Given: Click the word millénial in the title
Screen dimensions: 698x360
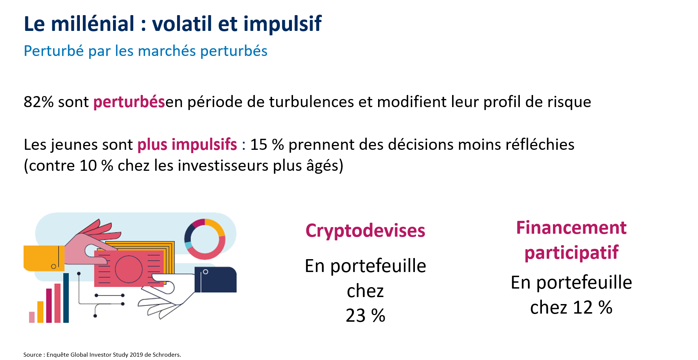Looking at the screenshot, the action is tap(93, 24).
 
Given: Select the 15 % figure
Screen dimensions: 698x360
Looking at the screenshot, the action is tap(267, 145).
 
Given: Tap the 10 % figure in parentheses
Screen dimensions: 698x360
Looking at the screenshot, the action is tap(96, 166).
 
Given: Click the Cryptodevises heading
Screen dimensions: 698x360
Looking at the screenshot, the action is tap(365, 231).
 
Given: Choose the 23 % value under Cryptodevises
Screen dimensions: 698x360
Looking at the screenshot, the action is tap(365, 316).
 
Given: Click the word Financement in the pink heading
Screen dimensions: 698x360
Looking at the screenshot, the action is tap(571, 227).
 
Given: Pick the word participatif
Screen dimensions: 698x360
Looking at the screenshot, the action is tap(571, 253).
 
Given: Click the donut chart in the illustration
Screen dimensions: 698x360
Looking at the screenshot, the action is tap(205, 225).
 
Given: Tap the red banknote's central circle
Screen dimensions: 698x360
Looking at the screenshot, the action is tap(128, 269).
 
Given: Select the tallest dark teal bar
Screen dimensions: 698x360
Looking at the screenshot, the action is tap(66, 298).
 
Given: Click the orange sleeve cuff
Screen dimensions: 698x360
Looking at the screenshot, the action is tap(43, 258).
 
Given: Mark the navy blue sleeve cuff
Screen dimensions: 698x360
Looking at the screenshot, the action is tap(215, 280).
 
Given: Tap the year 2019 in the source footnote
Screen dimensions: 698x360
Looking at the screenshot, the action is tap(136, 355).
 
